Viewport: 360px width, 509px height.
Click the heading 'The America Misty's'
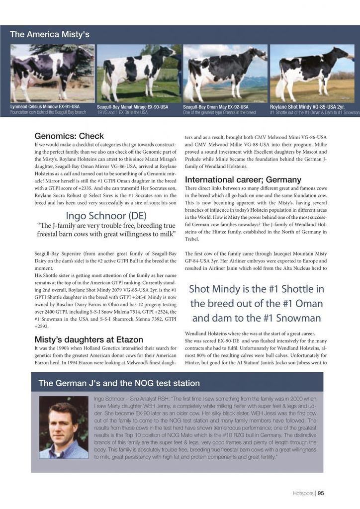pyautogui.click(x=50, y=34)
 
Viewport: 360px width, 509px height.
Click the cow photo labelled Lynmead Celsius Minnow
pyautogui.click(x=52, y=73)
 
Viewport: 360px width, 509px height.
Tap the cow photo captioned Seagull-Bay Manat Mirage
pyautogui.click(x=139, y=73)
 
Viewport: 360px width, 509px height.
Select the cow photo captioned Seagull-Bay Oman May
pyautogui.click(x=225, y=73)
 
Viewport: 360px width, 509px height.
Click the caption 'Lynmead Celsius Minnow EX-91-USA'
pyautogui.click(x=45, y=106)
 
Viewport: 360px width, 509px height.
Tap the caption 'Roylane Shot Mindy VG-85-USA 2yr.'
pyautogui.click(x=307, y=106)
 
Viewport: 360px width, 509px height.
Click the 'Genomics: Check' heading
pyautogui.click(x=69, y=136)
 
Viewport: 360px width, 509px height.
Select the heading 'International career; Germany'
pyautogui.click(x=243, y=179)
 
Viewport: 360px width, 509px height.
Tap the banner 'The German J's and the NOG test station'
pyautogui.click(x=119, y=383)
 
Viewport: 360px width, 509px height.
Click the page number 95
pyautogui.click(x=321, y=494)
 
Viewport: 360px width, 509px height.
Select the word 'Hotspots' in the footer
pyautogui.click(x=303, y=494)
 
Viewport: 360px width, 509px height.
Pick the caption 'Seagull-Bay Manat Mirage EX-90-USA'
pyautogui.click(x=133, y=107)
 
